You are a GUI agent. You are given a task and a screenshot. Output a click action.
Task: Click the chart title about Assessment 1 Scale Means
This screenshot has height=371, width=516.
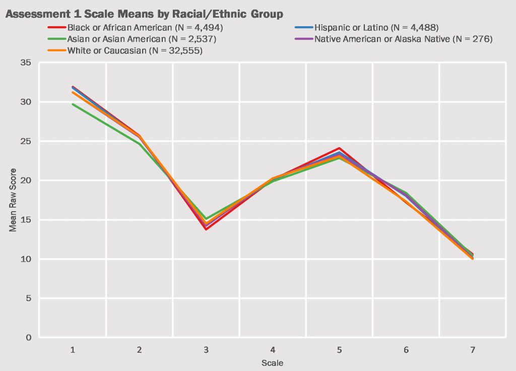coord(144,14)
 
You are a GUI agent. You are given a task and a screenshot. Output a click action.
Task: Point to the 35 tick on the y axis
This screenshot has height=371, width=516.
coord(25,63)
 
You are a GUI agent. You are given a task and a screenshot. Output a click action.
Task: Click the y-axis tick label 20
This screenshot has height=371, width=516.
coord(25,180)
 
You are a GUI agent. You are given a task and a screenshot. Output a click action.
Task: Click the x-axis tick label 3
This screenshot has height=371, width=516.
coord(206,350)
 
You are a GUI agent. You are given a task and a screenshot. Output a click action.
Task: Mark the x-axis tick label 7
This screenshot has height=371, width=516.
coord(472,350)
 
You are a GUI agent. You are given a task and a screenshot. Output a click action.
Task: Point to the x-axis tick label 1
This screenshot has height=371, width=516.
coord(73,350)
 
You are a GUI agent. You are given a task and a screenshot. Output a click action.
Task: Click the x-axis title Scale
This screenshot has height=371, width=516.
coord(272,363)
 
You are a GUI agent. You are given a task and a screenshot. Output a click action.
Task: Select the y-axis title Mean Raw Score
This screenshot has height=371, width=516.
coord(13,200)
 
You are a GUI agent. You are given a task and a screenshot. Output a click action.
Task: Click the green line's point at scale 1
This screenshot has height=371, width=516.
coord(73,104)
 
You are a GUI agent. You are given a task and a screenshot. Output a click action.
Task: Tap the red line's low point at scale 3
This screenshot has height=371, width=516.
coord(206,229)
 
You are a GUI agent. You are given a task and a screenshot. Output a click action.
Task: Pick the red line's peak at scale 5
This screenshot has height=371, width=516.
coord(339,148)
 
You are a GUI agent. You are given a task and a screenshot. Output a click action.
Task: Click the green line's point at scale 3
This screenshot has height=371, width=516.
coord(206,219)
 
